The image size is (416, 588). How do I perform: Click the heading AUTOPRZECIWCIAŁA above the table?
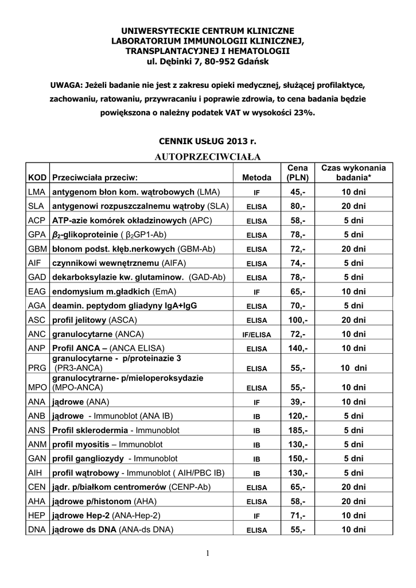208,156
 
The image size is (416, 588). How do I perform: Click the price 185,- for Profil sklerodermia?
298,430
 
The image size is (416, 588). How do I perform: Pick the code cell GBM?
37,250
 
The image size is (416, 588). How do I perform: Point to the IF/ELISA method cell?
253,335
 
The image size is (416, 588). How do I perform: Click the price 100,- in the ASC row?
298,320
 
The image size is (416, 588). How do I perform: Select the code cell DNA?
37,530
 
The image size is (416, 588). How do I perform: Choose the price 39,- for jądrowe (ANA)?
298,401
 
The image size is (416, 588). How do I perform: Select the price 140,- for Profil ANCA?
298,349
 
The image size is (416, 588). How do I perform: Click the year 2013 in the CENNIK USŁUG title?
238,141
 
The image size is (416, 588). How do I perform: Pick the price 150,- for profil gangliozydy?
298,459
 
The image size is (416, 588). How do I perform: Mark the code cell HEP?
37,516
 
